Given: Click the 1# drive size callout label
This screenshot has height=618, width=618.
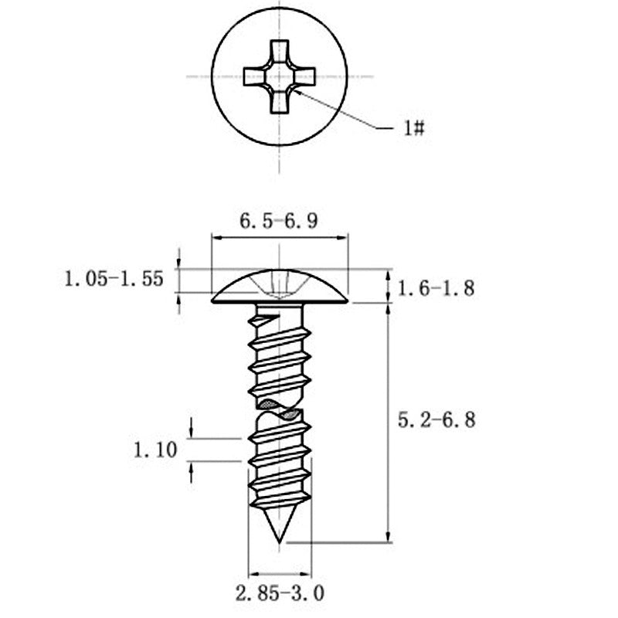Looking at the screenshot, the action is [x=414, y=128].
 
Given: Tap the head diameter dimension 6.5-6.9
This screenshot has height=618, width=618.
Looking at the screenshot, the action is [x=279, y=221].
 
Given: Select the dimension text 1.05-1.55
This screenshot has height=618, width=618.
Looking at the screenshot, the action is [x=114, y=280].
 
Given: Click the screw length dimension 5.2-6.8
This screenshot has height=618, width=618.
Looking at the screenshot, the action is [x=436, y=420].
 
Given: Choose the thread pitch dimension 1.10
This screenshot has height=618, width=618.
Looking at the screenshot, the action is [x=156, y=450].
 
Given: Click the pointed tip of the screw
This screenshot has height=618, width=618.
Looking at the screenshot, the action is [x=280, y=543].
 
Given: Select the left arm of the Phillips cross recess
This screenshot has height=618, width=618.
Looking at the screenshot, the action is [x=254, y=76].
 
